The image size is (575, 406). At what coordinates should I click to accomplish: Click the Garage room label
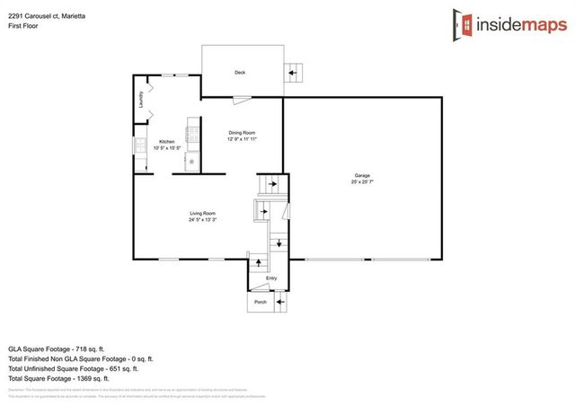362,175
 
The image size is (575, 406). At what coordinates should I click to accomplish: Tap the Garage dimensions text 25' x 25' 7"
362,182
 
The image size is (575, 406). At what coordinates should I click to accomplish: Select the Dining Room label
243,133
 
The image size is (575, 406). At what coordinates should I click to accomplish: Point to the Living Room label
202,213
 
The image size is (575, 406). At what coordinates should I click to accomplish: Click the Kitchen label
166,142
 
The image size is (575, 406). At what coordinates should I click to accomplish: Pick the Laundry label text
141,100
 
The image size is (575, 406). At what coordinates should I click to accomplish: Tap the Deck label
240,73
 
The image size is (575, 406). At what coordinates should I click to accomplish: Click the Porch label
260,302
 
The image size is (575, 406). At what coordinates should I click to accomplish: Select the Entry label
271,279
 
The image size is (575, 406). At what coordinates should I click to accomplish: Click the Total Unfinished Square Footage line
73,368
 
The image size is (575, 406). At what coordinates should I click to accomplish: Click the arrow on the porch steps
280,303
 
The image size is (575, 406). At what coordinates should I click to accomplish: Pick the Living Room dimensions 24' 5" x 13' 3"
202,220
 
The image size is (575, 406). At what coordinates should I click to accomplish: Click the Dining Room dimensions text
243,140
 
